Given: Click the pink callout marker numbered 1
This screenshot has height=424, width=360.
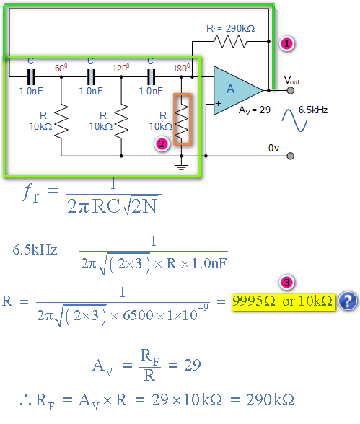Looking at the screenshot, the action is coord(286,43).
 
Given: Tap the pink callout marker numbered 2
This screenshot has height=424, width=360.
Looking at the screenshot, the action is coord(162,144).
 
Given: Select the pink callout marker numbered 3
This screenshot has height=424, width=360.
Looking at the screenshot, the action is coord(286,283).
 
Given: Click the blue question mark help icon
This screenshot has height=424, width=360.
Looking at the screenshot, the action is coord(348,301).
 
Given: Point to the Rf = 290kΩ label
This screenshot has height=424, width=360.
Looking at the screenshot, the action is coord(230,29).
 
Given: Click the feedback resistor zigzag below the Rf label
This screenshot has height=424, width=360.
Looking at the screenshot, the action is coord(230,42).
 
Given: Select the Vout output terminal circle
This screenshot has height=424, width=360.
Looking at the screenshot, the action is coord(290,90).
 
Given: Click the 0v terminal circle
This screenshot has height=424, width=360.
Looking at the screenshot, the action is coord(290,156).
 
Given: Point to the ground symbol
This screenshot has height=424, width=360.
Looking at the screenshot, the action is coord(181,167).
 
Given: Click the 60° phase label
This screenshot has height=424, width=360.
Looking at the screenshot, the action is coord(61,68).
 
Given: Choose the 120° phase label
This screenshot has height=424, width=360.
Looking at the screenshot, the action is coord(120,68).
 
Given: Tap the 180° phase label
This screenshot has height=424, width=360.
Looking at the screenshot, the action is coord(181,68).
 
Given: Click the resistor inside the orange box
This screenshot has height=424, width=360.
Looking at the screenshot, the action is coord(182,120).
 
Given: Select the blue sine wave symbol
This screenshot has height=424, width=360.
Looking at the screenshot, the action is coord(294,120).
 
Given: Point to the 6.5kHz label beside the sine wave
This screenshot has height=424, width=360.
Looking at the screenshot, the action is coord(313,110).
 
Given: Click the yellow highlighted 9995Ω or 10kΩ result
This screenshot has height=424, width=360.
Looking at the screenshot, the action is coord(284,301).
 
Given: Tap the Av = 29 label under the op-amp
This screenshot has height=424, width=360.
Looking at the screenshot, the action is coord(255,110).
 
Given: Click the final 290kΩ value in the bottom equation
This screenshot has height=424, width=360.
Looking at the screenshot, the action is coord(270,399).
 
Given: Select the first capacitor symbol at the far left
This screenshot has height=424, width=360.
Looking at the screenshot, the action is coord(31,76).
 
